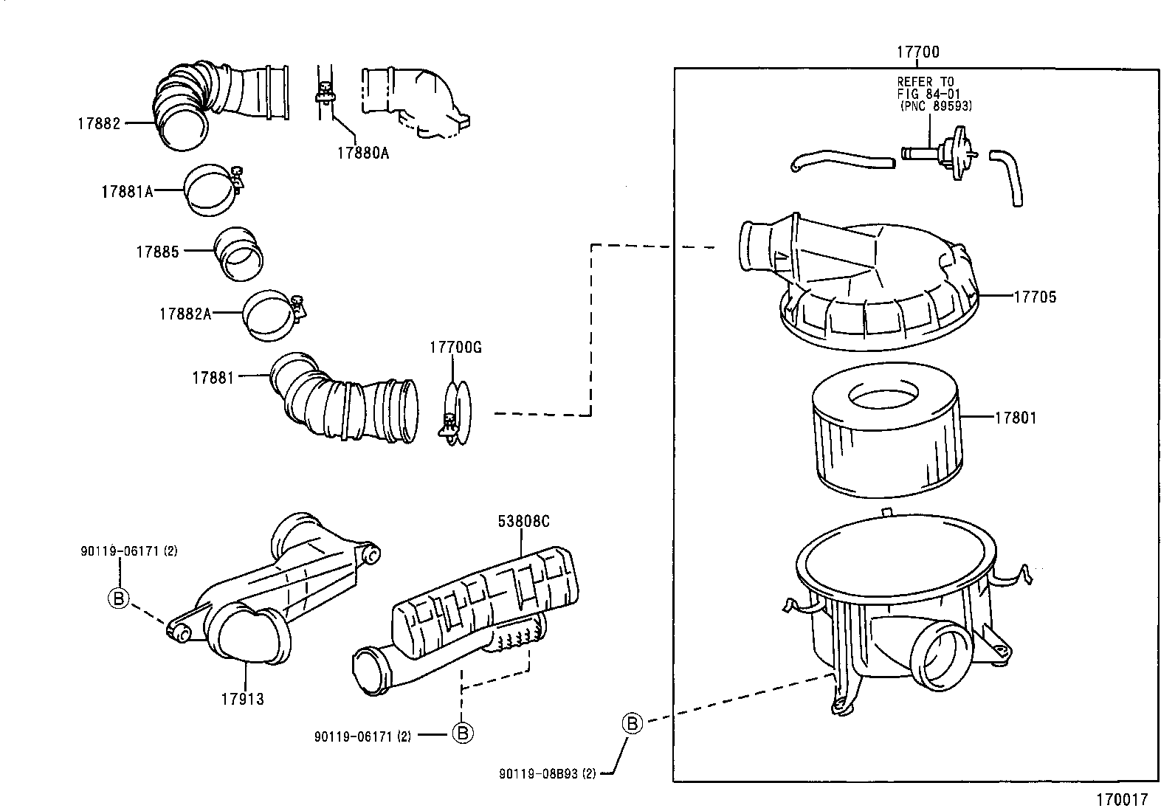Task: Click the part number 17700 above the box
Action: tap(917, 52)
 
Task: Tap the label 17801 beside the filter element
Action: tap(1016, 418)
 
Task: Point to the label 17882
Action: tap(98, 124)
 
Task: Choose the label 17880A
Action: tap(362, 153)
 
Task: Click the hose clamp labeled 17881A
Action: tap(213, 190)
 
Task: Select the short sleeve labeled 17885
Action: tap(239, 255)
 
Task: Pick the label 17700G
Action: tap(455, 348)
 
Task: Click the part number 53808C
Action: tap(523, 522)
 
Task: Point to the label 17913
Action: tap(242, 698)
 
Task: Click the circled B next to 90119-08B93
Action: tap(633, 723)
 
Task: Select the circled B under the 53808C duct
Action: tap(462, 733)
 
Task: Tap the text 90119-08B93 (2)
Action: tap(547, 773)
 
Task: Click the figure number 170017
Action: tap(1122, 799)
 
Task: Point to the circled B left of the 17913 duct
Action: tap(118, 598)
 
